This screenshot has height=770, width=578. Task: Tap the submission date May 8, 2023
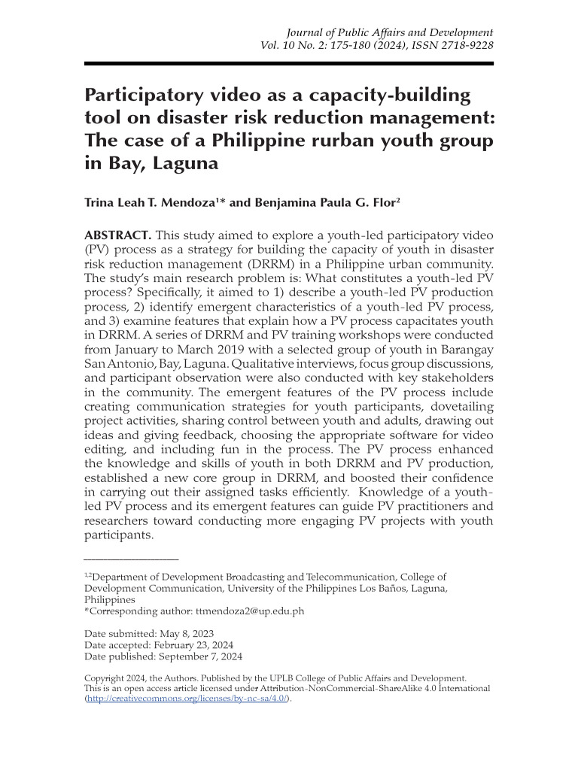point(183,633)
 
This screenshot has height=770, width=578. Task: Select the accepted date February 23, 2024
point(193,645)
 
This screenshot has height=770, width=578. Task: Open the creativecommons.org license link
point(187,699)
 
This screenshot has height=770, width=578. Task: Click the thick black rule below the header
point(289,64)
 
